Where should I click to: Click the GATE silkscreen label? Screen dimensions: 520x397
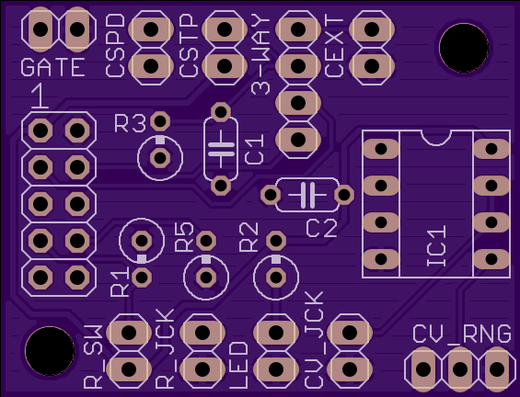click(52, 67)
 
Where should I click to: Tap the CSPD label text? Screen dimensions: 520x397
click(115, 46)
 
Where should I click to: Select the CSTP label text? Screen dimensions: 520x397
click(189, 46)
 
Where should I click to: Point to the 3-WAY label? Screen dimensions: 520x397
click(261, 55)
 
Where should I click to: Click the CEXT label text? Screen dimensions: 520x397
click(334, 46)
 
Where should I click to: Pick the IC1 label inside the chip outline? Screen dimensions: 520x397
click(436, 246)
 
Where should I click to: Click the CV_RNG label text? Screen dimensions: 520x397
click(462, 334)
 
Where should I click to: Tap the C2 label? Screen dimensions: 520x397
click(322, 228)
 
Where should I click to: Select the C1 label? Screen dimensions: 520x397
click(254, 149)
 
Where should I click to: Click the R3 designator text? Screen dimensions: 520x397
click(130, 123)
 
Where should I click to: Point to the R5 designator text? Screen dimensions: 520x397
click(184, 237)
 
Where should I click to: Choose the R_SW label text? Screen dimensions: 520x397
click(94, 357)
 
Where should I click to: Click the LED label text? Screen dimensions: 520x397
click(238, 365)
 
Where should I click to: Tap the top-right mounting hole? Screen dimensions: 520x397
click(464, 48)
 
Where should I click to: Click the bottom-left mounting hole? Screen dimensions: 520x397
click(50, 351)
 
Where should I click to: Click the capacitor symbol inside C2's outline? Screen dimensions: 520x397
click(307, 195)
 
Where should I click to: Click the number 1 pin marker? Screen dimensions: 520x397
click(40, 96)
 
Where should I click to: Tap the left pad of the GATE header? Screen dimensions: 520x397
click(40, 29)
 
